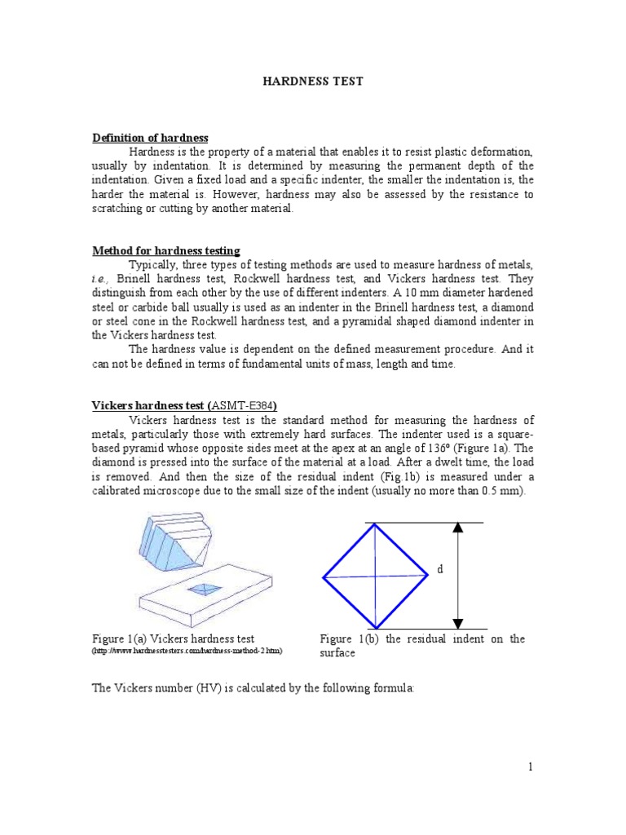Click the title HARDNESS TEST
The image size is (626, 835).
pos(312,82)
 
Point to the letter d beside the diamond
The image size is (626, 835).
pos(439,569)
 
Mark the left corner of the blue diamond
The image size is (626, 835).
pos(324,577)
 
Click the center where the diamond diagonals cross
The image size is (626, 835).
pos(375,577)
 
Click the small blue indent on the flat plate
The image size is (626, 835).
pos(201,589)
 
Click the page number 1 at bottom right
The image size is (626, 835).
pos(529,767)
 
